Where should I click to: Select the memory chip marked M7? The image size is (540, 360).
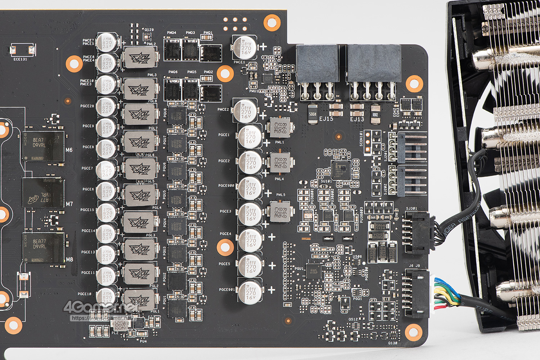pos(44,192)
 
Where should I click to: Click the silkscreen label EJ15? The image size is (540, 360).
pos(326,119)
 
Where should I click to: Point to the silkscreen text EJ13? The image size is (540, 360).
pos(357,119)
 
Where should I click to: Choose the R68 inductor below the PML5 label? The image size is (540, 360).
pos(280,211)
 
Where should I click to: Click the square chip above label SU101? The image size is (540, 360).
pos(341,170)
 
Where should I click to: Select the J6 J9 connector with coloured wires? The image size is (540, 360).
pos(418,294)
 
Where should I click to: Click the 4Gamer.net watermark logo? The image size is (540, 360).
pos(101,308)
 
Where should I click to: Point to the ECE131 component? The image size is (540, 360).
pos(23,50)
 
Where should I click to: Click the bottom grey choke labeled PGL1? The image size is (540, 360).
pos(140,300)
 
